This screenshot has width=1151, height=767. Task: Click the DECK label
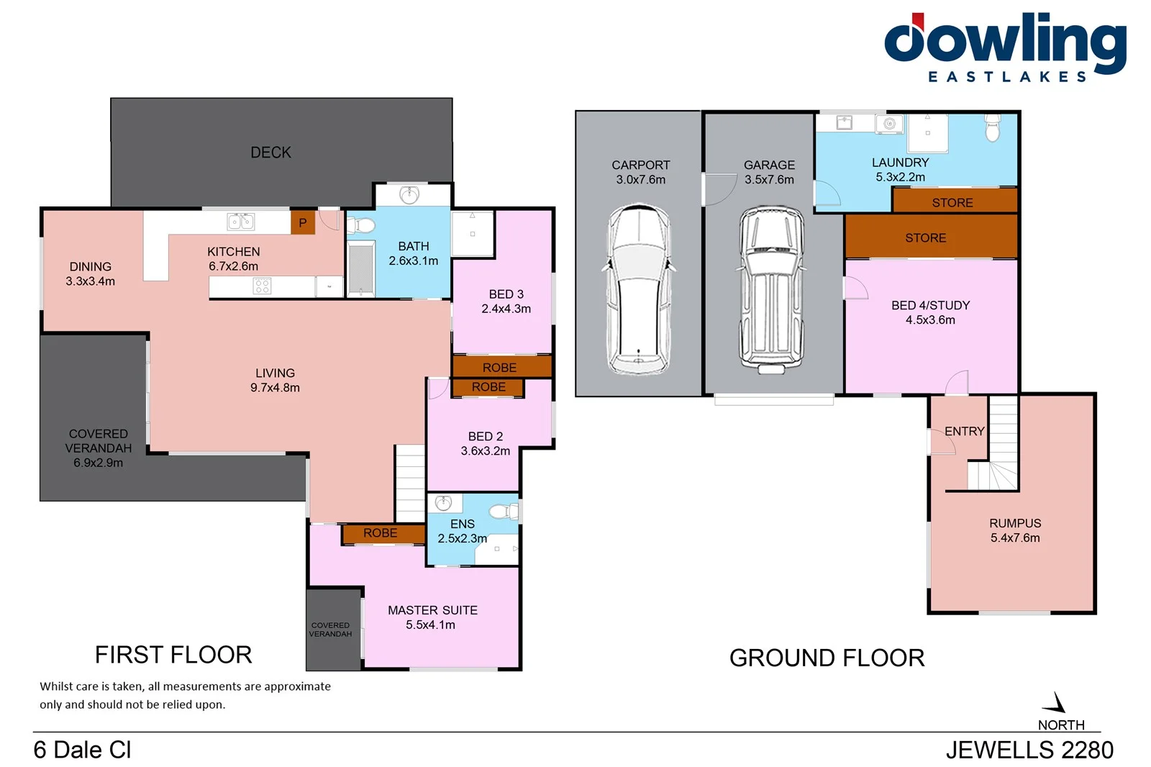pyautogui.click(x=270, y=153)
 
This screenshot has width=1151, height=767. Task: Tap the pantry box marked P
pyautogui.click(x=302, y=223)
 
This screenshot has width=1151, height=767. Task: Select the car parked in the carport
pyautogui.click(x=639, y=289)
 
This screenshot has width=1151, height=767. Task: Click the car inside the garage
pyautogui.click(x=770, y=289)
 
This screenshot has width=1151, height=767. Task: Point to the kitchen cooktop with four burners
pyautogui.click(x=262, y=286)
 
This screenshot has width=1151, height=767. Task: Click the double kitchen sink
pyautogui.click(x=240, y=222)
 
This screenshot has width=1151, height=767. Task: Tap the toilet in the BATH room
pyautogui.click(x=362, y=226)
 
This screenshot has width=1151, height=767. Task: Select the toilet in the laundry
pyautogui.click(x=993, y=130)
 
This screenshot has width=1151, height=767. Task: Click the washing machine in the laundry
pyautogui.click(x=889, y=124)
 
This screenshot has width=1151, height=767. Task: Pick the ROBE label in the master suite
pyautogui.click(x=380, y=533)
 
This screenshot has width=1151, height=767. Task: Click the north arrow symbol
pyautogui.click(x=1057, y=703)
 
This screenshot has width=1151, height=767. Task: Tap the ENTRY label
pyautogui.click(x=964, y=431)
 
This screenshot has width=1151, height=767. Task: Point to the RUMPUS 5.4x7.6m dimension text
pyautogui.click(x=1015, y=538)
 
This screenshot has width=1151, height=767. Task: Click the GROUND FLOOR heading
pyautogui.click(x=827, y=658)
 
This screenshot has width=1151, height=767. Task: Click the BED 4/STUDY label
pyautogui.click(x=930, y=305)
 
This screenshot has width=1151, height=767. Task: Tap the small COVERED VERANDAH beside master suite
pyautogui.click(x=331, y=630)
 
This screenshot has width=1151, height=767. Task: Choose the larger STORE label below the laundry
pyautogui.click(x=925, y=238)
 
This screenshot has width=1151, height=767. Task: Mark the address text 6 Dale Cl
pyautogui.click(x=82, y=750)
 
